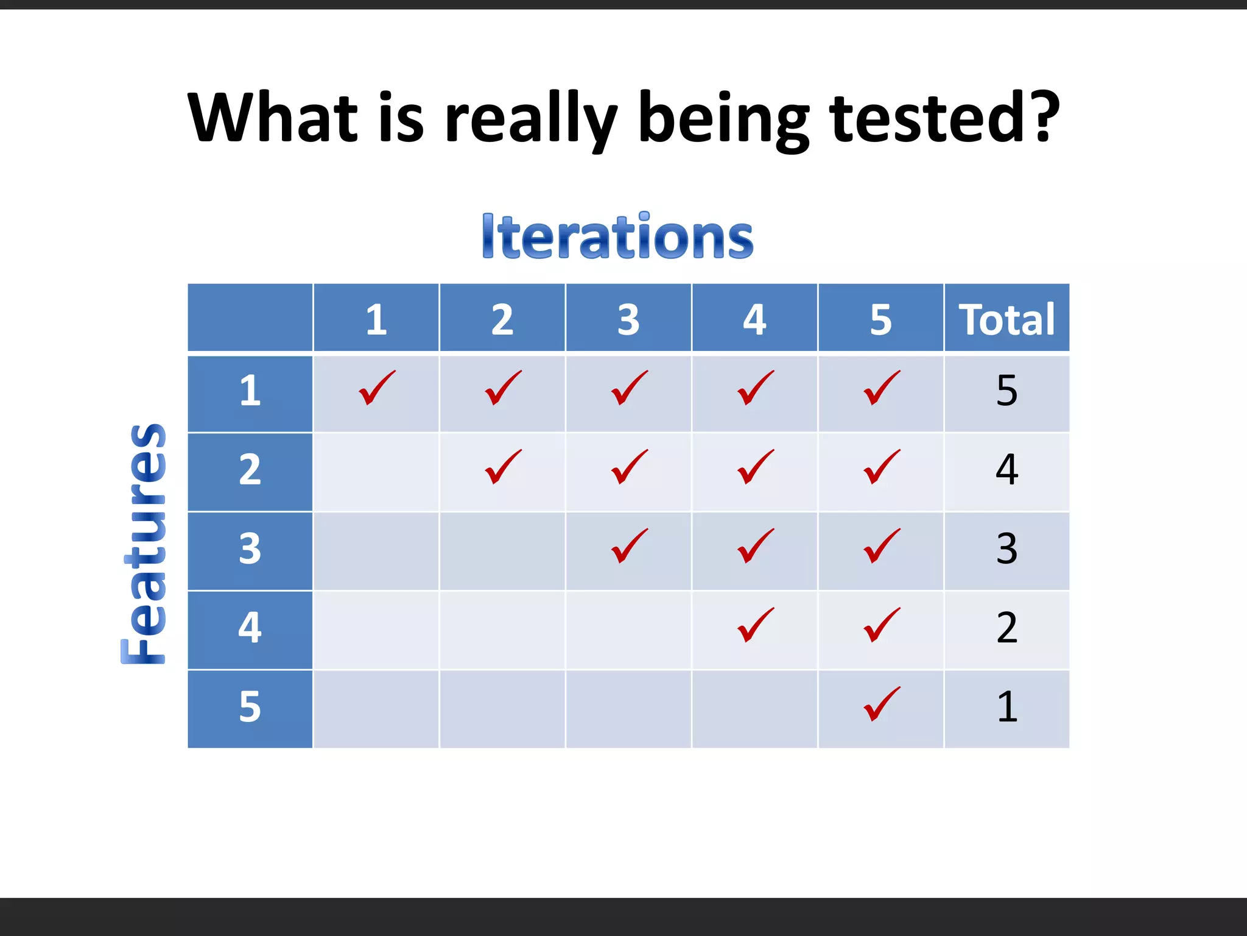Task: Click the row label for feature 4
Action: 250,628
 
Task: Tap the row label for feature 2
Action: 250,470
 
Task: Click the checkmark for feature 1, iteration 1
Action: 377,388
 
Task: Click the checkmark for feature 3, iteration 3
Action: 629,546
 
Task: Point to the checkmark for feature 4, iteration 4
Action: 755,625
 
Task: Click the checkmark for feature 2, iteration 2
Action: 503,467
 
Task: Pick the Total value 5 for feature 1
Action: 1006,391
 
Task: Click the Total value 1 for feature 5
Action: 1006,707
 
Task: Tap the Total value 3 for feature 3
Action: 1006,548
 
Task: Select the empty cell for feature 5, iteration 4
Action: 754,709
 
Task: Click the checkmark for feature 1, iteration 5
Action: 881,388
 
